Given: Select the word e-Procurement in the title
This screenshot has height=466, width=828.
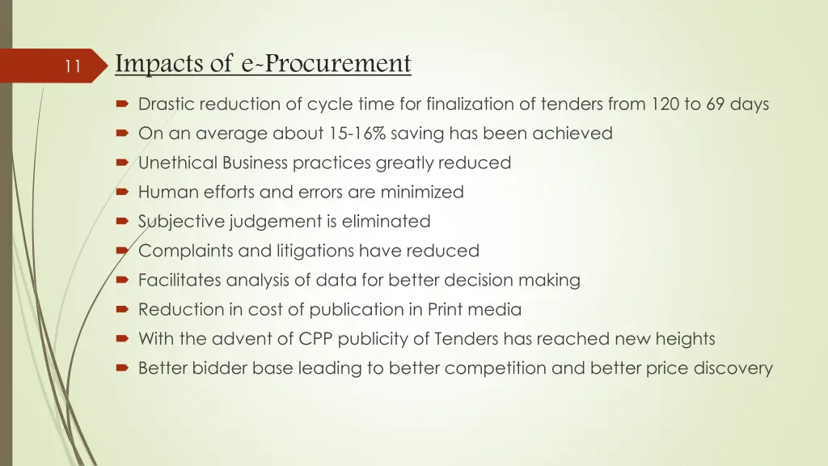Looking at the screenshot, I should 327,63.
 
